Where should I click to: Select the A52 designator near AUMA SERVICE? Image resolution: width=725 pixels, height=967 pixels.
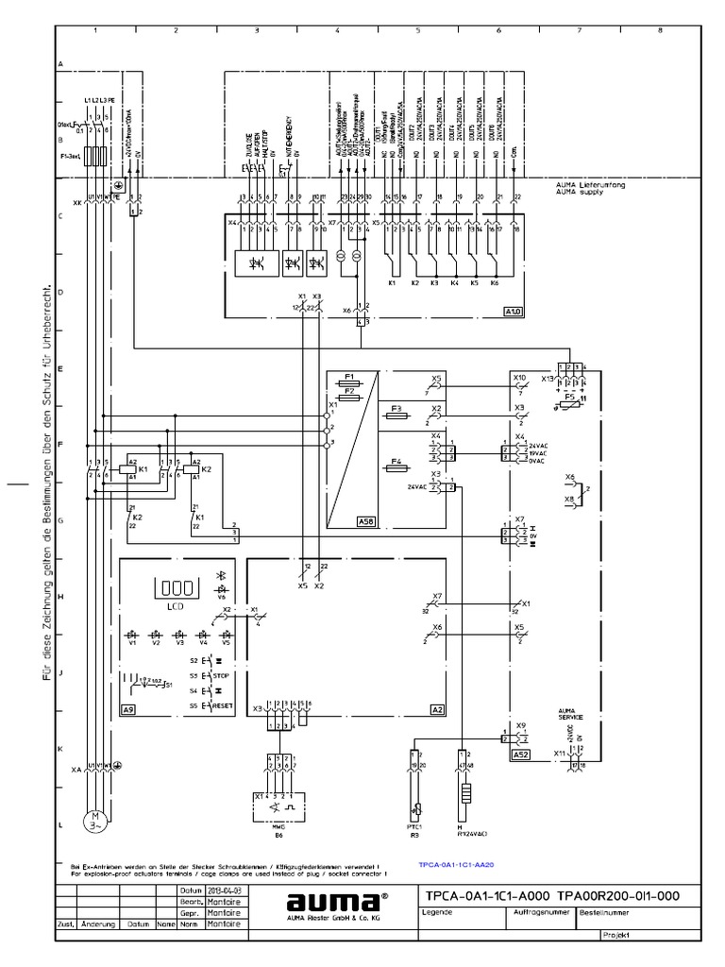[x=520, y=755]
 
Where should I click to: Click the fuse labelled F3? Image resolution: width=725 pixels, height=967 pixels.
[x=397, y=407]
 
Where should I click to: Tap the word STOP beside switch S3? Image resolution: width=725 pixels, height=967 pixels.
[x=221, y=676]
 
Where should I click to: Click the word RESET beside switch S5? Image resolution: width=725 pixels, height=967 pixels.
[x=223, y=705]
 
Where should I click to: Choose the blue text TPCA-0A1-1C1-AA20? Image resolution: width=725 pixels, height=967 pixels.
[x=458, y=863]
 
